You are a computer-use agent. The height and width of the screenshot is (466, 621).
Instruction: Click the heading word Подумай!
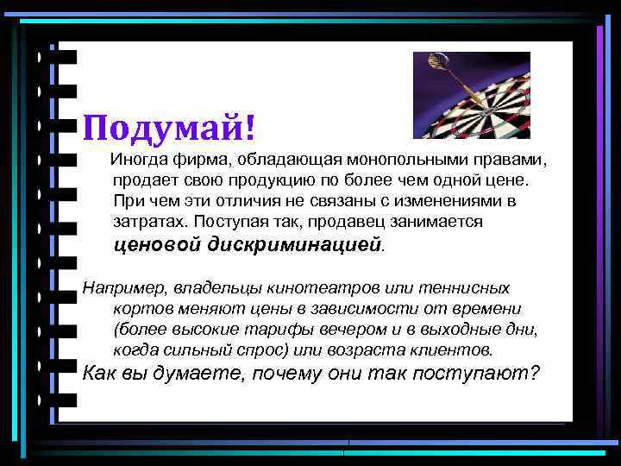click(169, 129)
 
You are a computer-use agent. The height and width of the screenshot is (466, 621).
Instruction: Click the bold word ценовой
click(158, 245)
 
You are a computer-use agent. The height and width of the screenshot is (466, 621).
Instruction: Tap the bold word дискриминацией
click(294, 245)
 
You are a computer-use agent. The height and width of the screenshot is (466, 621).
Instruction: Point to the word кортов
click(138, 309)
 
